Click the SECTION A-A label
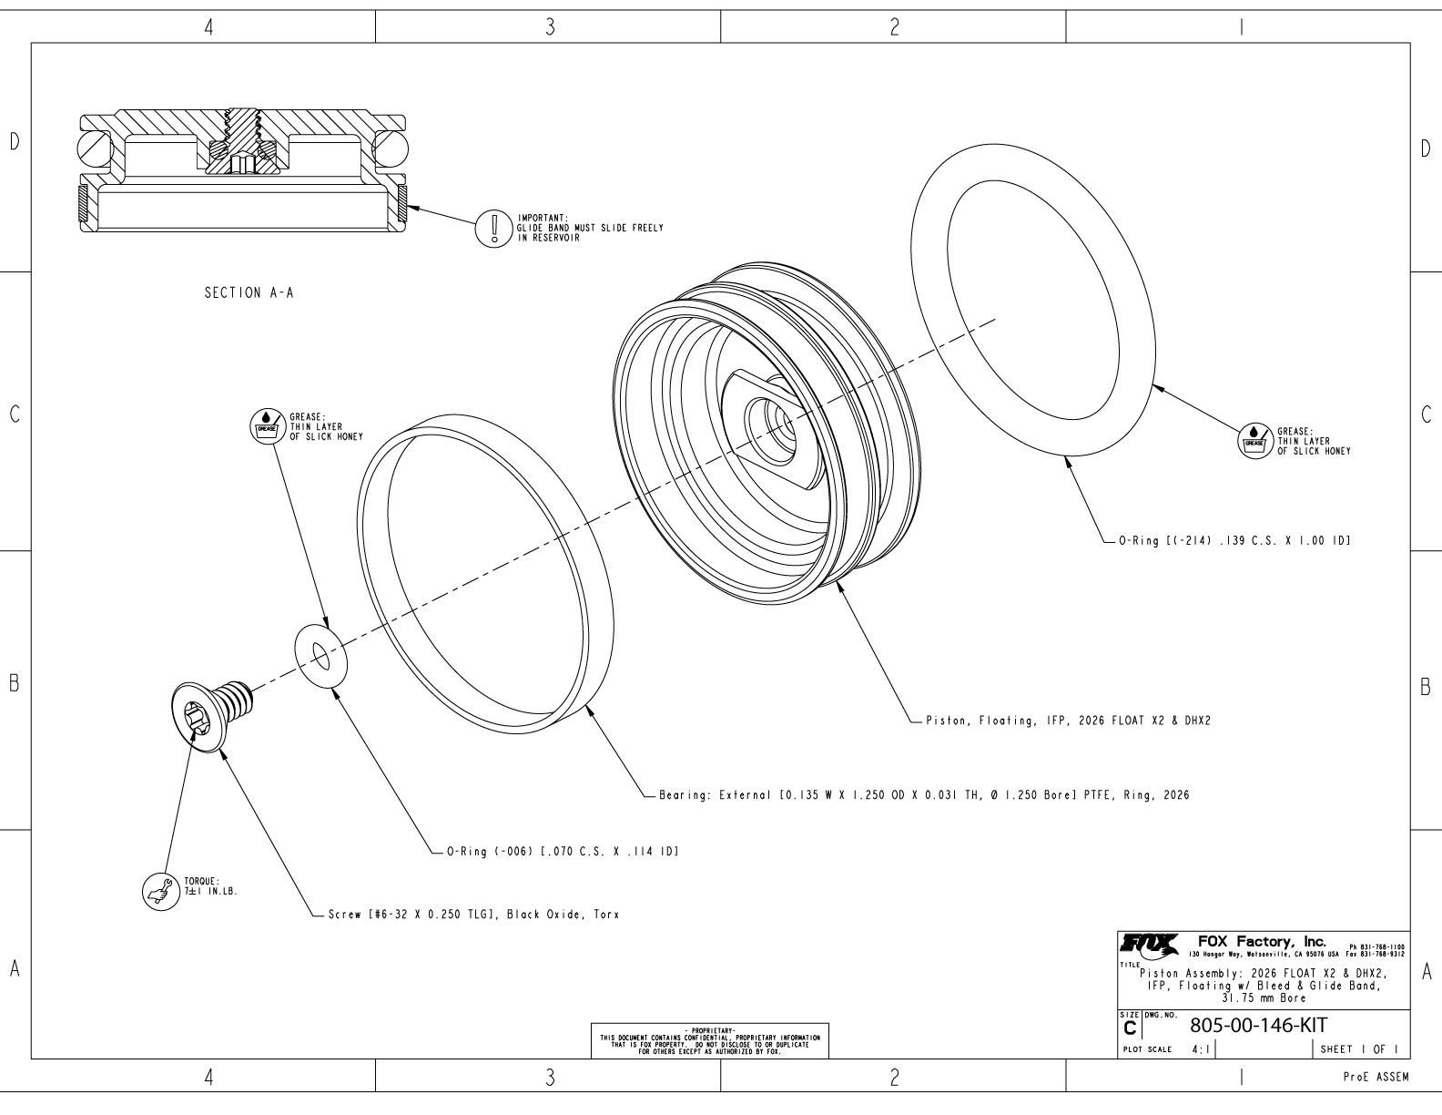point(249,293)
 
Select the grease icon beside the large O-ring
point(1254,439)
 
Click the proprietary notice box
point(710,1039)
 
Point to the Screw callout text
point(472,914)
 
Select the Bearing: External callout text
point(923,795)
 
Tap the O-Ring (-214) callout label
point(1233,541)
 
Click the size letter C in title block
point(1130,1028)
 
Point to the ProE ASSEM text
point(1376,1078)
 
